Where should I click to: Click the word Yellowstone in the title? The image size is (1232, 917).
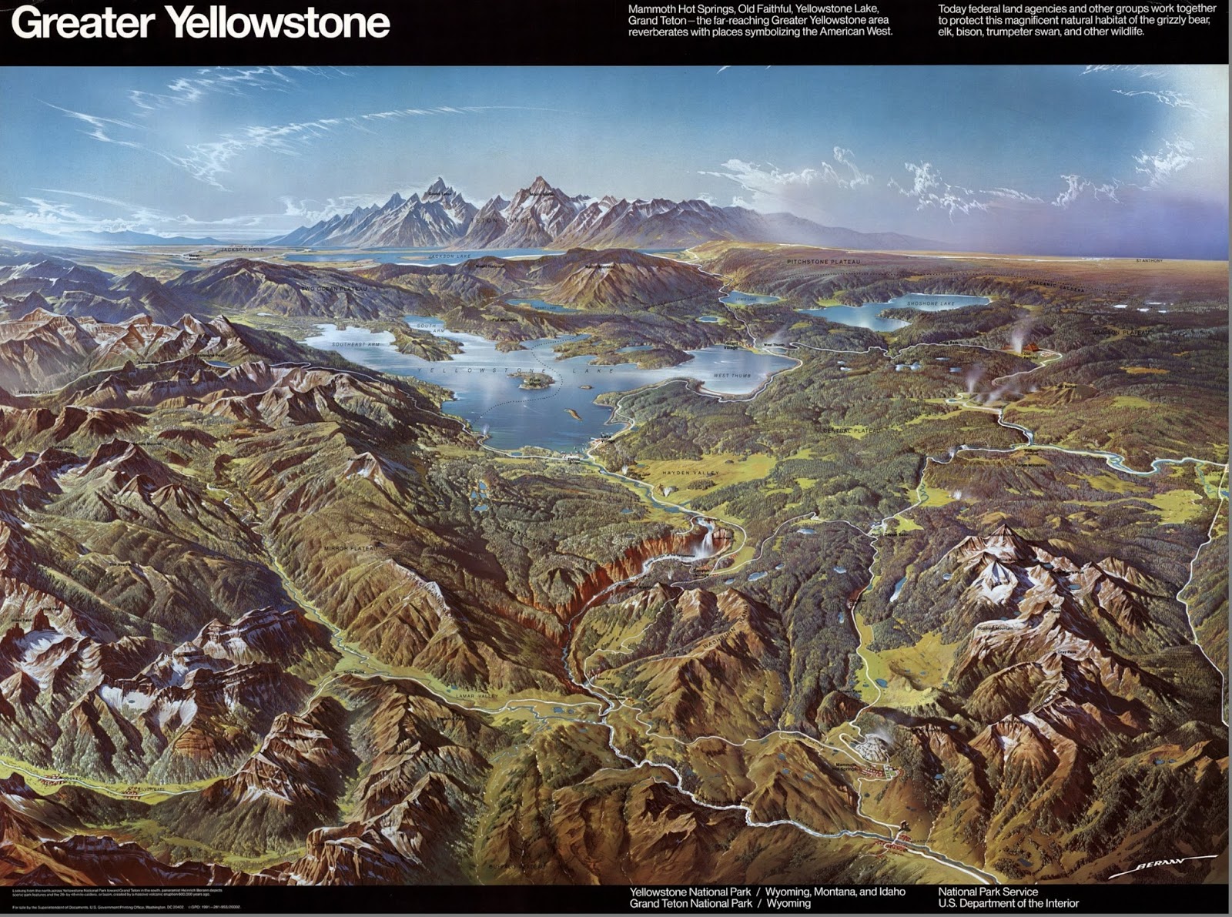tap(279, 23)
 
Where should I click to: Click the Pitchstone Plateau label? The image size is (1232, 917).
tap(823, 262)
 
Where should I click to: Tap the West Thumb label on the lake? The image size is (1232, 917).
tap(731, 376)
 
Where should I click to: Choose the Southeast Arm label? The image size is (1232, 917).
tap(353, 344)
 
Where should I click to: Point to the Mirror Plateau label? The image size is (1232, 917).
tap(353, 547)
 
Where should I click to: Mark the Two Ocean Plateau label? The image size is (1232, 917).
tap(329, 288)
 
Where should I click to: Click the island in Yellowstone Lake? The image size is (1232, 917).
tap(536, 380)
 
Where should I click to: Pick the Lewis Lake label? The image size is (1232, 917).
tap(747, 298)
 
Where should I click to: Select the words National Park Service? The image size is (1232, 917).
tap(988, 892)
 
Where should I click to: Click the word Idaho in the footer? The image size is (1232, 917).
tap(889, 892)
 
